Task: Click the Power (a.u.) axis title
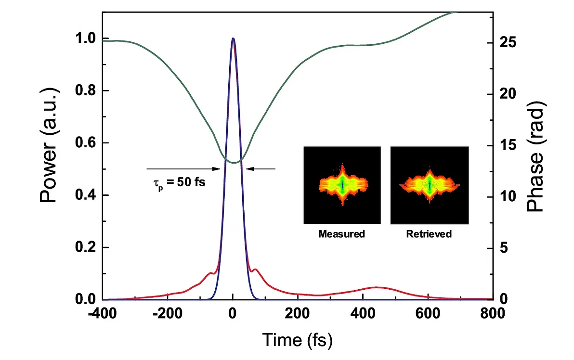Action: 50,145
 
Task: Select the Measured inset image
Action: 342,185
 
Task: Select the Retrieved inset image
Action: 429,185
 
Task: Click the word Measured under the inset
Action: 342,234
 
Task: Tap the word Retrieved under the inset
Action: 429,234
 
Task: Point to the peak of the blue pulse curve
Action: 233,39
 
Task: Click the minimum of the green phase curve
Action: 234,163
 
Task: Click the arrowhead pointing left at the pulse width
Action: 249,168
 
